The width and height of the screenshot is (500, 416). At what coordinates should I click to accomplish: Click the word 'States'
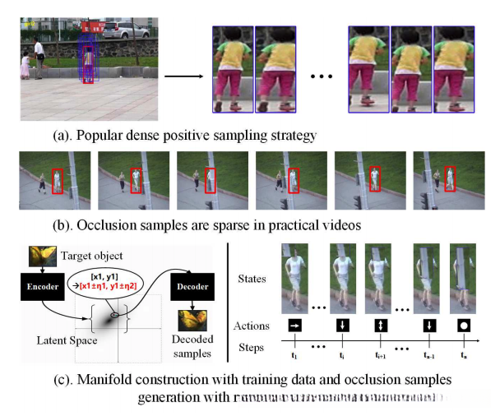(253, 280)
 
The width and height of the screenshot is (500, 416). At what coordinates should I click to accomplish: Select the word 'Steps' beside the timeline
(251, 346)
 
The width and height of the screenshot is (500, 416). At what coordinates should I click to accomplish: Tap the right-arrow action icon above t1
(294, 326)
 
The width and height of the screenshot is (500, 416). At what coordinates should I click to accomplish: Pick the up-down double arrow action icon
(379, 326)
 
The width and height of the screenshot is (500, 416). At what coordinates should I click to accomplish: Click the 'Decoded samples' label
(194, 344)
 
